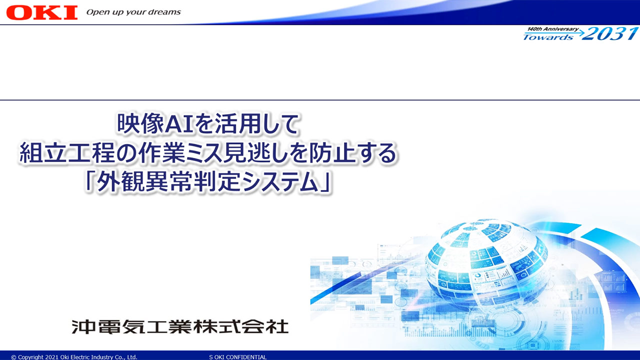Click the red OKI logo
tap(42, 12)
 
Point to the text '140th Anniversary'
tap(553, 29)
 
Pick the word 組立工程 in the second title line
tap(67, 153)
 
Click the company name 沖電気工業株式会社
tap(180, 326)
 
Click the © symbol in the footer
tap(13, 357)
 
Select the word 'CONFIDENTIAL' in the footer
tap(246, 357)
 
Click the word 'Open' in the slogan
tap(94, 12)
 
